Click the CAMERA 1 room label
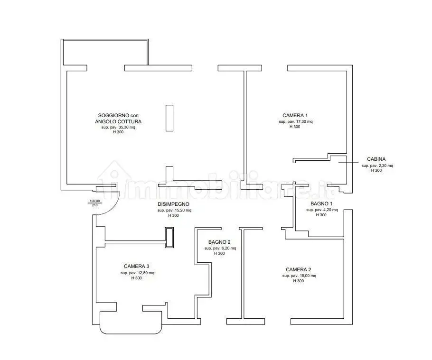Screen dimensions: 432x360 [x=295, y=116]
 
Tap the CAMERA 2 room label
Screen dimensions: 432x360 [x=299, y=270]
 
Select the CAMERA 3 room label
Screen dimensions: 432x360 [x=136, y=267]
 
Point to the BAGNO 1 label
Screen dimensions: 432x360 [x=321, y=203]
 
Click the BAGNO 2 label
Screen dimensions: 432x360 [x=219, y=242]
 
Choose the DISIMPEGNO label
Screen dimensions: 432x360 [x=174, y=204]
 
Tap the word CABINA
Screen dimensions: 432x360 [x=376, y=159]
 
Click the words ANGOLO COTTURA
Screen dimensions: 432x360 [x=118, y=121]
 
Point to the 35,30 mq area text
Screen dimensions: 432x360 [x=123, y=128]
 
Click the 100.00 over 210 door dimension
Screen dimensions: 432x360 [x=94, y=203]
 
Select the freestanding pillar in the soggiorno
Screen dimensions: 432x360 [x=169, y=118]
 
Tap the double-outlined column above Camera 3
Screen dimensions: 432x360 [x=169, y=238]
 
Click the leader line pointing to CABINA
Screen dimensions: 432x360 [x=348, y=162]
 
